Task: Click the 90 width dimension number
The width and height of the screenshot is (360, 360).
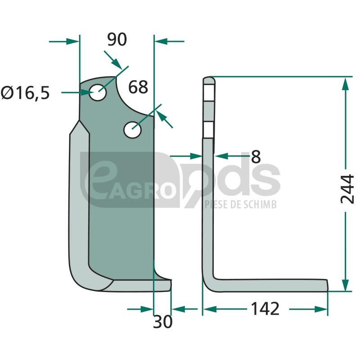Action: pyautogui.click(x=117, y=40)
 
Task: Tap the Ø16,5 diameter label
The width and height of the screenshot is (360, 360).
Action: pyautogui.click(x=25, y=93)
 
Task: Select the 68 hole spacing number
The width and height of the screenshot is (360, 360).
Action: pyautogui.click(x=138, y=87)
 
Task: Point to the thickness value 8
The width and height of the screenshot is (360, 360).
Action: pyautogui.click(x=256, y=157)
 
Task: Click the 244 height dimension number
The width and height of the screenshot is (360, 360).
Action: pyautogui.click(x=347, y=189)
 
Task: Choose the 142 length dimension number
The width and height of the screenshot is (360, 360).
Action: pyautogui.click(x=265, y=309)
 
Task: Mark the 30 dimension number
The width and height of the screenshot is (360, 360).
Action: pyautogui.click(x=162, y=322)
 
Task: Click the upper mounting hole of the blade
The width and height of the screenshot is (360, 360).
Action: pyautogui.click(x=98, y=92)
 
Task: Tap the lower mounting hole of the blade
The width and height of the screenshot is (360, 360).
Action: pyautogui.click(x=132, y=130)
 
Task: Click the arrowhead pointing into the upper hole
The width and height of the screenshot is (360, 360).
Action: pyautogui.click(x=88, y=93)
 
